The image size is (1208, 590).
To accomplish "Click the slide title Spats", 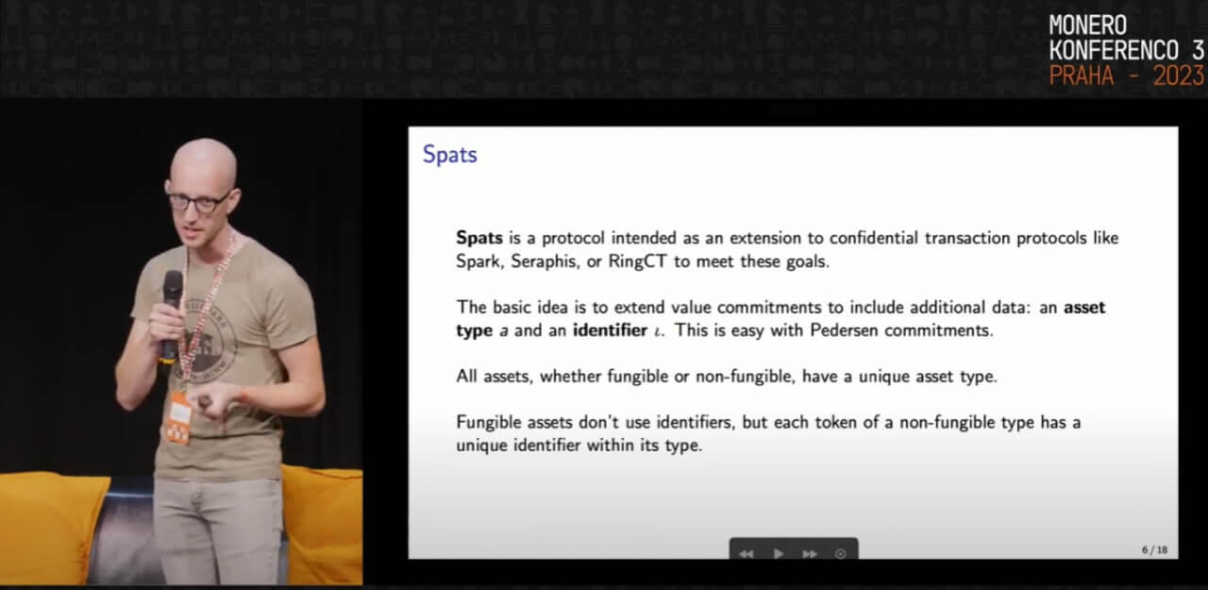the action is pyautogui.click(x=450, y=155).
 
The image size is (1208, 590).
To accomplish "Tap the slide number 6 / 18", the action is pyautogui.click(x=1154, y=549).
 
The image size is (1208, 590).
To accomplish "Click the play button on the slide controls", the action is pyautogui.click(x=779, y=553).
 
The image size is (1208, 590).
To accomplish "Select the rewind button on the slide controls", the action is pyautogui.click(x=747, y=553).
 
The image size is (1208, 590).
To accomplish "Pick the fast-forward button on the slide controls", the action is pyautogui.click(x=810, y=553).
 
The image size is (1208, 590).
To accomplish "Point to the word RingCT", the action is pyautogui.click(x=638, y=261).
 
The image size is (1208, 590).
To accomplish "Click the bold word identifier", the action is pyautogui.click(x=610, y=330).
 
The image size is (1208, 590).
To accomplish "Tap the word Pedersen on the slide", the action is pyautogui.click(x=844, y=330).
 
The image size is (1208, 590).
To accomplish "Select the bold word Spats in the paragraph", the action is pyautogui.click(x=479, y=238).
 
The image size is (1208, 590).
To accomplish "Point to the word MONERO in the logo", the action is pyautogui.click(x=1088, y=25).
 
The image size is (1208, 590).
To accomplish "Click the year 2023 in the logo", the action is pyautogui.click(x=1179, y=76).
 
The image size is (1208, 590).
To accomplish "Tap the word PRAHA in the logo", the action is pyautogui.click(x=1082, y=76).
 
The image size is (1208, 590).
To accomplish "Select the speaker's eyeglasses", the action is pyautogui.click(x=198, y=201).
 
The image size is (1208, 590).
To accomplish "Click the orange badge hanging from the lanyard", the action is pyautogui.click(x=179, y=418).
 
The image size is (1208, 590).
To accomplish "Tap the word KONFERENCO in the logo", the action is pyautogui.click(x=1114, y=51).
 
